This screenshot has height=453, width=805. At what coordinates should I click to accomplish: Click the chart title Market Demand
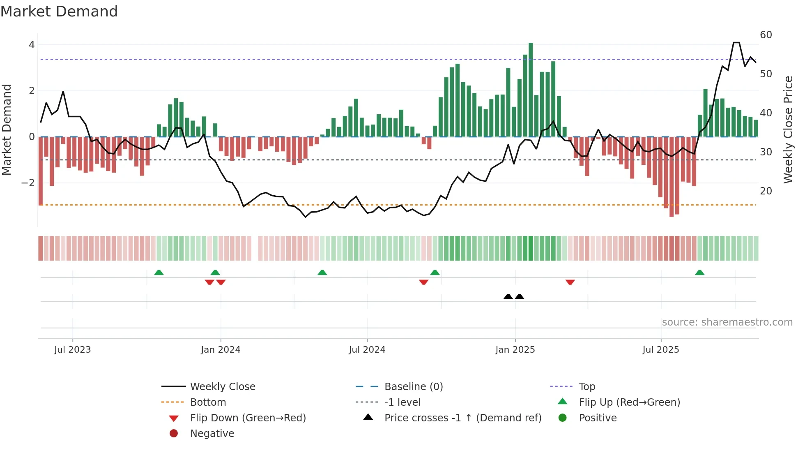pos(59,12)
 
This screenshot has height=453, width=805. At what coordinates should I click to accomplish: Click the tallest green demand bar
pos(531,90)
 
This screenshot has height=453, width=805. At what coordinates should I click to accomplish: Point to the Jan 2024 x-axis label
pos(221,350)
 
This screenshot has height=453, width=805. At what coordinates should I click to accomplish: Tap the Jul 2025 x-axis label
pos(660,350)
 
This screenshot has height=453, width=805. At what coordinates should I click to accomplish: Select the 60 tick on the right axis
pos(766,35)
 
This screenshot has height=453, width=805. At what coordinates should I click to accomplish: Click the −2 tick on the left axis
pos(28,183)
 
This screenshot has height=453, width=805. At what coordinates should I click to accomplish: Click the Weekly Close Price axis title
pos(788,129)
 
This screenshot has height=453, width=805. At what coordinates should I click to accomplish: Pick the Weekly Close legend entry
pos(222,387)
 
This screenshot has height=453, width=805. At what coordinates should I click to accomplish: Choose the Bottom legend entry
pos(208,402)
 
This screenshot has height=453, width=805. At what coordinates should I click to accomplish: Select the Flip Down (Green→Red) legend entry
pos(248,418)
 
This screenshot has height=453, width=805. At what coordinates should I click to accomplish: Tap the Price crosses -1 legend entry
pos(462,418)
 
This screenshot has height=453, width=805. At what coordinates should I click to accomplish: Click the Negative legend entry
pos(212,434)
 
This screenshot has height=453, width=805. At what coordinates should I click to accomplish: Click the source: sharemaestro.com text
pos(727,322)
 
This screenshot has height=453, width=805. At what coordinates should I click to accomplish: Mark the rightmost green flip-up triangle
pos(699,273)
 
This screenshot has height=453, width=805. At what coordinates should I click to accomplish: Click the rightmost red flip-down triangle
pos(570,282)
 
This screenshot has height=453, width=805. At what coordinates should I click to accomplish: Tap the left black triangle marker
pos(508,296)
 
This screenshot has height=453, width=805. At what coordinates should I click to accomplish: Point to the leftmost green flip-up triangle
pos(159,273)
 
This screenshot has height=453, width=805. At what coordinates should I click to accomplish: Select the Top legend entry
pos(586,387)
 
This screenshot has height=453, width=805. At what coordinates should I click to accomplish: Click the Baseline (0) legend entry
pos(413,387)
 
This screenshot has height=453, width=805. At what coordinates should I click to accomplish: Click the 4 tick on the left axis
pos(32,45)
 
